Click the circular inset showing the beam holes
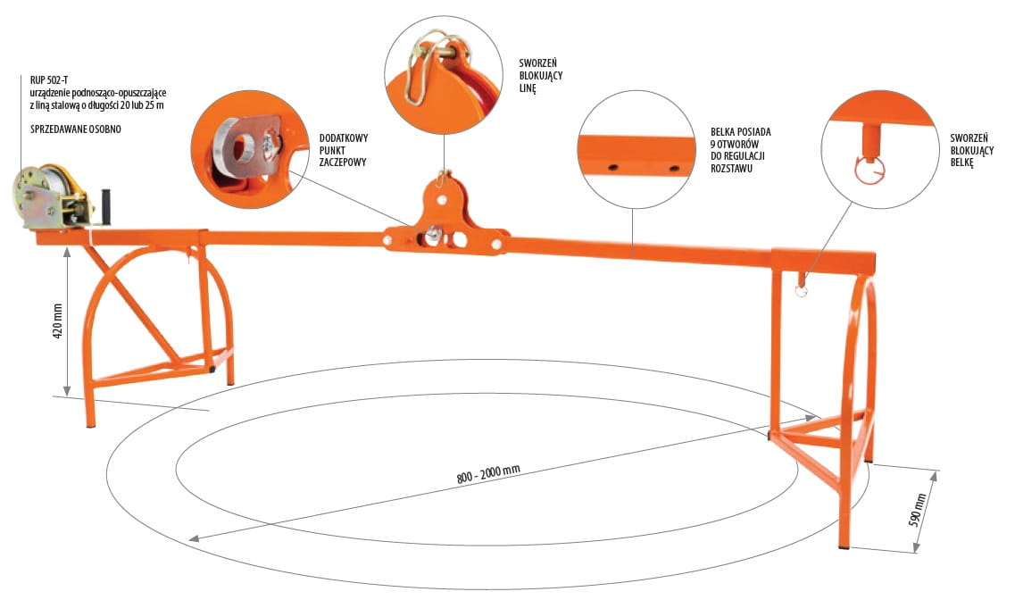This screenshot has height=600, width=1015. (636, 153)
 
